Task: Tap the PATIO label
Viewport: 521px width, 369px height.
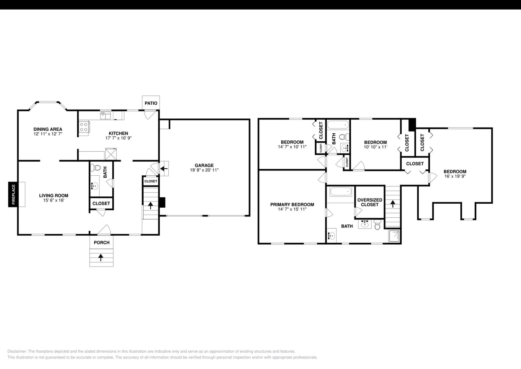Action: click(x=151, y=103)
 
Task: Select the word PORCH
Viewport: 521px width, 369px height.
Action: click(x=102, y=243)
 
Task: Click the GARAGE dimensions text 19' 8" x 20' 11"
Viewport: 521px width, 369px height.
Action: click(x=204, y=170)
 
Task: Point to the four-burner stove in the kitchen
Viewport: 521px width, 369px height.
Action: click(x=84, y=127)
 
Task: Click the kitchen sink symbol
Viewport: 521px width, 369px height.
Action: click(x=106, y=115)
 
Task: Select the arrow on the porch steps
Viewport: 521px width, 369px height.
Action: click(x=101, y=257)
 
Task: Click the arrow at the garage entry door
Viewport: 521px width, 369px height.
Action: click(x=165, y=167)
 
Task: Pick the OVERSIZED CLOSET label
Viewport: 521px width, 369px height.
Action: click(x=369, y=202)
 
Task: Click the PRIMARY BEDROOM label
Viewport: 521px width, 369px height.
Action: click(x=292, y=204)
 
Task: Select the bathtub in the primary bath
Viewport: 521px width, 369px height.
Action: click(x=341, y=192)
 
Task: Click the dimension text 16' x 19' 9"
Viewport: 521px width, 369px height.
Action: click(x=455, y=177)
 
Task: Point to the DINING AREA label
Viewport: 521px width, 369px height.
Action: click(x=48, y=129)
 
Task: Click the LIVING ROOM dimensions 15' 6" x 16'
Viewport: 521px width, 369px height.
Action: click(x=54, y=201)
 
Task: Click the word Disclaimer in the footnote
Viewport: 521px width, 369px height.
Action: click(x=17, y=351)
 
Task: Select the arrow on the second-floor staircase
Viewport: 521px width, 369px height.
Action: click(x=393, y=204)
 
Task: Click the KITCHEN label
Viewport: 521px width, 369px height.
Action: click(x=118, y=133)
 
